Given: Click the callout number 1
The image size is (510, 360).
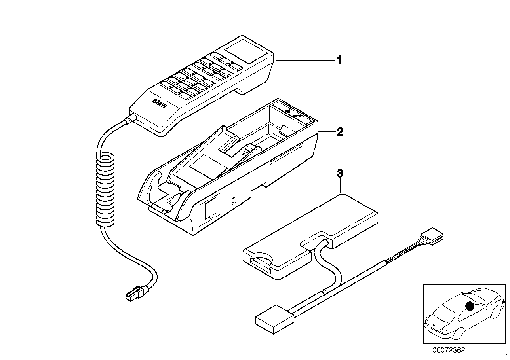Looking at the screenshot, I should click(x=339, y=60).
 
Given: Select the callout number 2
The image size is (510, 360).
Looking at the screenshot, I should click(x=339, y=132).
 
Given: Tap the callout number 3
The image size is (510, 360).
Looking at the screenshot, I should click(x=340, y=173).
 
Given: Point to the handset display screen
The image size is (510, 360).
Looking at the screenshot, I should click(x=245, y=51).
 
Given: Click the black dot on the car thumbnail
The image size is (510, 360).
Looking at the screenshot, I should click(x=470, y=306).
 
